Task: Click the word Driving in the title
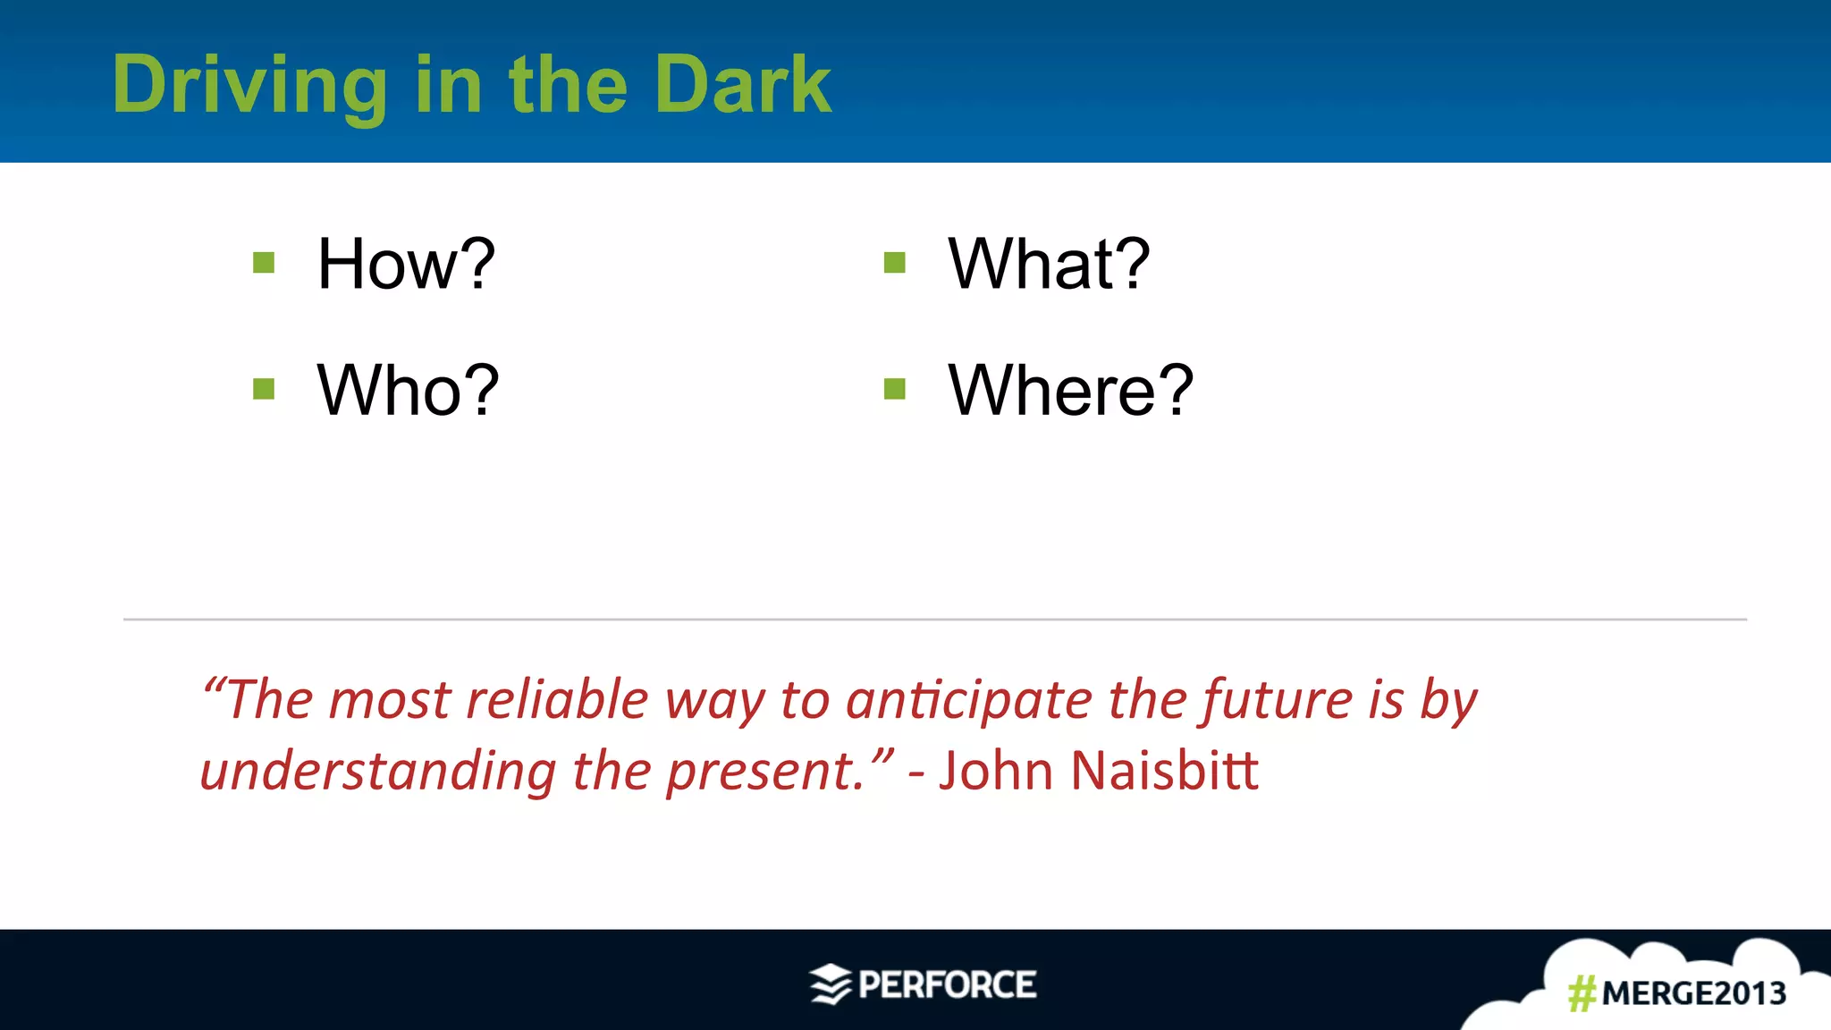click(x=249, y=85)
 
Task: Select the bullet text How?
click(x=406, y=264)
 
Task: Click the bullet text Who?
click(x=408, y=391)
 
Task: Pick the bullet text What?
click(x=1049, y=264)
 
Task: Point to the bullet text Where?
click(x=1070, y=391)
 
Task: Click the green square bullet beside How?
click(x=264, y=263)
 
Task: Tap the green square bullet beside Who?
click(x=264, y=389)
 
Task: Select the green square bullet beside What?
click(x=895, y=263)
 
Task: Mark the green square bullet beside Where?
click(x=895, y=389)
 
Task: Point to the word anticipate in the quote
click(x=968, y=699)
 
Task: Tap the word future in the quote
click(x=1277, y=699)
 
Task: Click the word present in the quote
click(x=763, y=771)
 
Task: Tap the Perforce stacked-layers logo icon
click(x=831, y=984)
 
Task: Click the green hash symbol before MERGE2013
click(x=1582, y=993)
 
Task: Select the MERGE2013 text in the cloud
click(x=1693, y=993)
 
